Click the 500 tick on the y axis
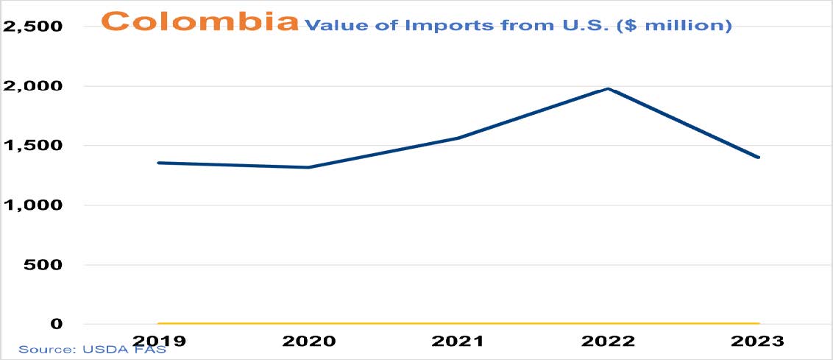pyautogui.click(x=43, y=264)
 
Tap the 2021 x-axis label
pyautogui.click(x=458, y=341)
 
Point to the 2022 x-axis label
pyautogui.click(x=609, y=341)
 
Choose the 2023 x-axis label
pyautogui.click(x=758, y=341)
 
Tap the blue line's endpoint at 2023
pyautogui.click(x=759, y=158)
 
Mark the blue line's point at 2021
pyautogui.click(x=458, y=138)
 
